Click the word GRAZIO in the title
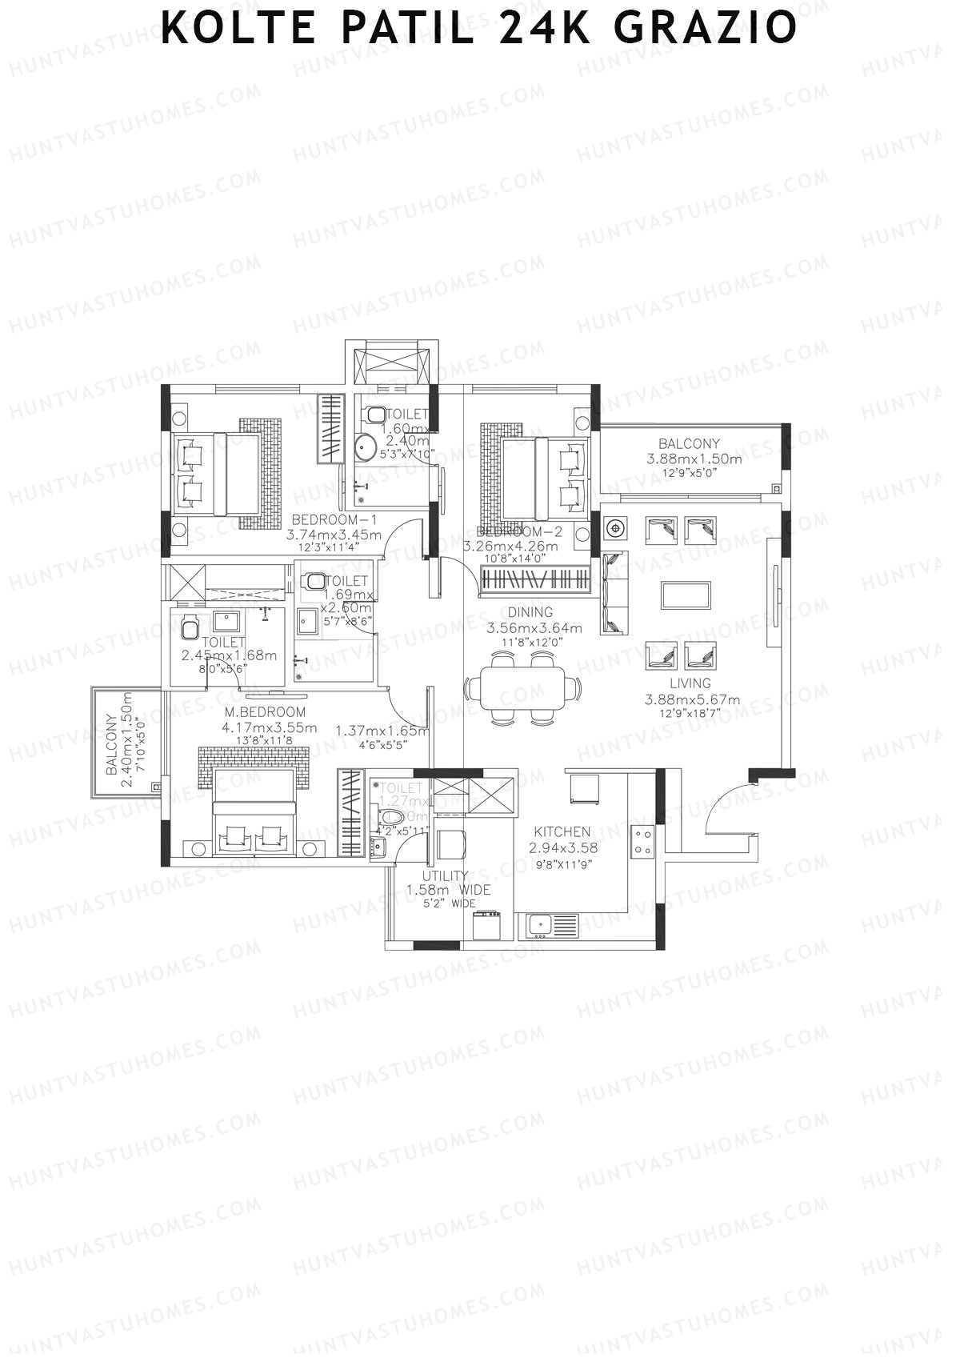[706, 29]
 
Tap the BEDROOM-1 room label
[334, 519]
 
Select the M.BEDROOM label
[265, 711]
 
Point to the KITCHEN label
[562, 832]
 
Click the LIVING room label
[690, 683]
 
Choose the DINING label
[530, 613]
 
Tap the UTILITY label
[446, 876]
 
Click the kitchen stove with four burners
[643, 841]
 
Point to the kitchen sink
[552, 925]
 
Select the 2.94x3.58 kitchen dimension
[563, 847]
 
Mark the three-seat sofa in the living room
[614, 593]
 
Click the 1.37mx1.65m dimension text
[382, 731]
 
